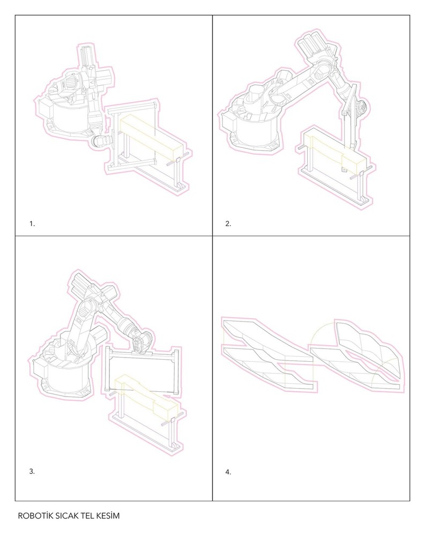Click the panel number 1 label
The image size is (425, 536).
pyautogui.click(x=32, y=224)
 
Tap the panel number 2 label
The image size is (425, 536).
pyautogui.click(x=228, y=224)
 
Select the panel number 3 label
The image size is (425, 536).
pyautogui.click(x=32, y=471)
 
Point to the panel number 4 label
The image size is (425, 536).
pyautogui.click(x=228, y=472)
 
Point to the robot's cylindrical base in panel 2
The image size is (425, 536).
pyautogui.click(x=255, y=132)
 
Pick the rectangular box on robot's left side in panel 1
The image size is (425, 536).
pyautogui.click(x=45, y=108)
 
